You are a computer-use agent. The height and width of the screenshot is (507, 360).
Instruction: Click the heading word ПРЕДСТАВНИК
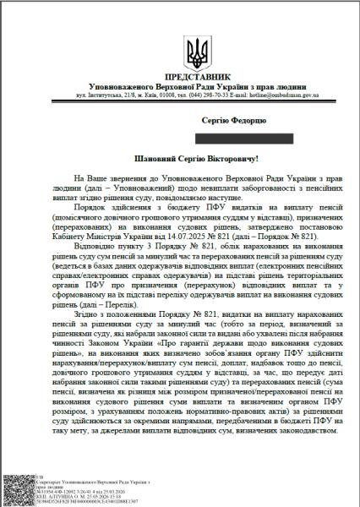(197, 77)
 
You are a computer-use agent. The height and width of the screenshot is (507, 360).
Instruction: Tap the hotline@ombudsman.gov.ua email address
(294, 95)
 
